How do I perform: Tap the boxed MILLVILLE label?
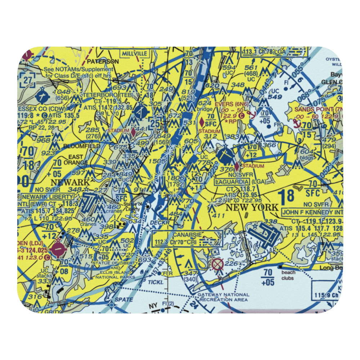[135, 53]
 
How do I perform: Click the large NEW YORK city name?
[252, 207]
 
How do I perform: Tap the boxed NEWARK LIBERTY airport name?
[48, 197]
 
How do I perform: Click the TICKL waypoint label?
[156, 282]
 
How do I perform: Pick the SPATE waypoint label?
[124, 300]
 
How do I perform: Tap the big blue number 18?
[286, 196]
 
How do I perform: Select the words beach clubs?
[288, 275]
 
